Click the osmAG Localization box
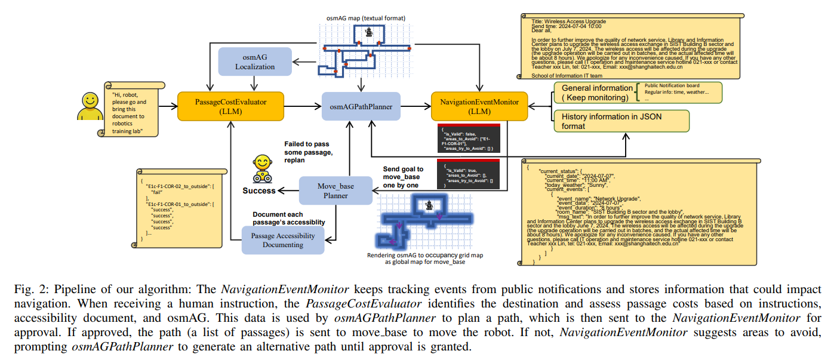pyautogui.click(x=255, y=61)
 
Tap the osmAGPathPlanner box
pyautogui.click(x=361, y=107)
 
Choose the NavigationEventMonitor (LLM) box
pyautogui.click(x=479, y=107)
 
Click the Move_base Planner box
pyautogui.click(x=336, y=190)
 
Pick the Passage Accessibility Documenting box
pyautogui.click(x=284, y=241)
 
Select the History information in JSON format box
pyautogui.click(x=621, y=121)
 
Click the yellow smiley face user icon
pyautogui.click(x=90, y=106)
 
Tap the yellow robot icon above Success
pyautogui.click(x=261, y=168)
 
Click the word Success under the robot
pyautogui.click(x=259, y=190)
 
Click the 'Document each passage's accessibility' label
pyautogui.click(x=289, y=218)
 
